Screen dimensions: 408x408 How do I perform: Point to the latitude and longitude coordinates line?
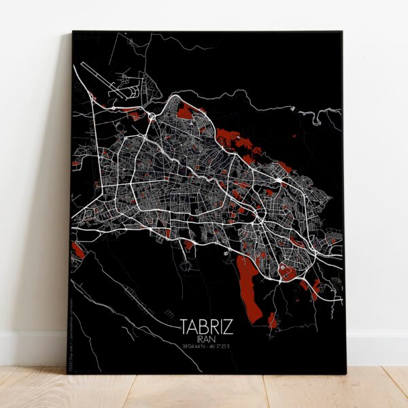[207, 346]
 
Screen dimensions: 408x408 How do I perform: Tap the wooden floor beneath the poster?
[204, 391]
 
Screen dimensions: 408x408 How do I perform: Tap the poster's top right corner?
[341, 32]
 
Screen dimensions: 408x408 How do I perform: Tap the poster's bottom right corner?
[345, 374]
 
